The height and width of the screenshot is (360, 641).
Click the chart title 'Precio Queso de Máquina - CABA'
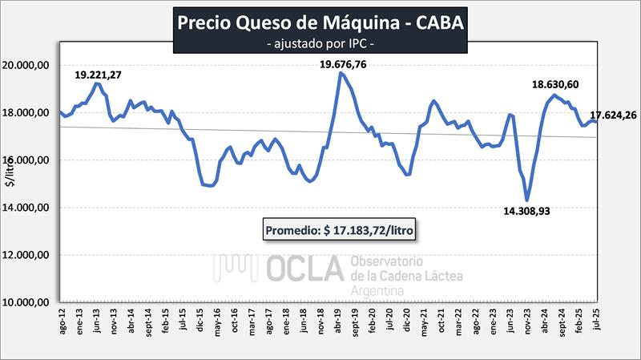click(x=320, y=23)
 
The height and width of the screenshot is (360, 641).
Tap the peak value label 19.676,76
click(x=345, y=64)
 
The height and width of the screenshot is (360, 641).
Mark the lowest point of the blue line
click(x=526, y=200)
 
